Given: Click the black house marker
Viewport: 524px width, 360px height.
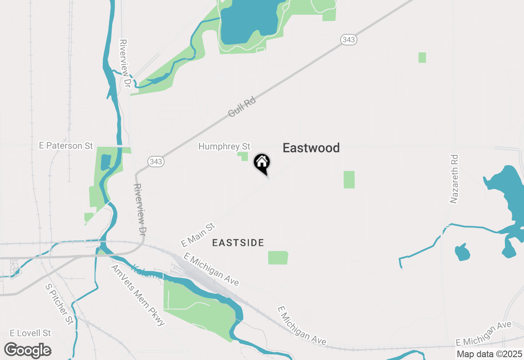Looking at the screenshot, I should coord(262,163).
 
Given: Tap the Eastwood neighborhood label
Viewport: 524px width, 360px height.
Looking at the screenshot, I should coord(311,148).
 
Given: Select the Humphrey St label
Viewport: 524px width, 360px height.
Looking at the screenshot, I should coord(224,146).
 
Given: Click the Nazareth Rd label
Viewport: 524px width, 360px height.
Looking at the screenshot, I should coord(454,179).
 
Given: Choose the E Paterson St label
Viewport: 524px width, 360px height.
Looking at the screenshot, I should coord(66,145).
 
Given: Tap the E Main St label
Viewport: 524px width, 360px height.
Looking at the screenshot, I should coord(198,235).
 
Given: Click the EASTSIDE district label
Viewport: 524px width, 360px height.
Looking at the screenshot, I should coord(238,243).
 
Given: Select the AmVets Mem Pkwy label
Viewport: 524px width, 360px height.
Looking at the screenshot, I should coord(138,295).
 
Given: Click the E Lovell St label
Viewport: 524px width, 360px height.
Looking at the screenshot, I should coord(30,333).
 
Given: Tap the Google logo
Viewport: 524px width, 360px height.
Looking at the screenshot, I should coord(28,351).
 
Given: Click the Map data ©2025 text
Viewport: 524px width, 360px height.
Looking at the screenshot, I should coord(490,354).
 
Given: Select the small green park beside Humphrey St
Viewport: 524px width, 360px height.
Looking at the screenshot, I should coord(243,156).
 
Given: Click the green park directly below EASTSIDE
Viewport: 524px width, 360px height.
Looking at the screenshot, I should coord(278,258).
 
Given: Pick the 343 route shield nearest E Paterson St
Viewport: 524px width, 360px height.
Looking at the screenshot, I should coord(156,162).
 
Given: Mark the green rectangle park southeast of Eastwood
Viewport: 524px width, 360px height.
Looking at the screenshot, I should coord(349,180).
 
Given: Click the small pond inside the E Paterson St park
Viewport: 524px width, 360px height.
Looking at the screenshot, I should coord(105,162).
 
